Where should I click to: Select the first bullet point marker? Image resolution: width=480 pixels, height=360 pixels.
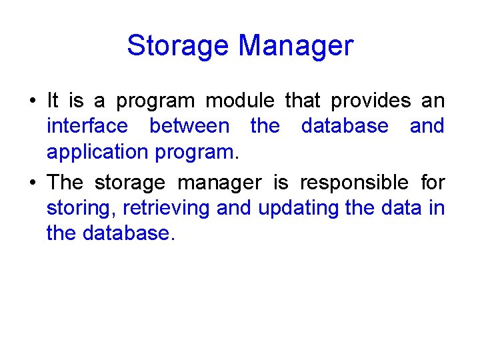(x=32, y=101)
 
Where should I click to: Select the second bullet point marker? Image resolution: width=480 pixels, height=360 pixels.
(x=32, y=183)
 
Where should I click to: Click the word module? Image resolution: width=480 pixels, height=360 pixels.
(x=239, y=101)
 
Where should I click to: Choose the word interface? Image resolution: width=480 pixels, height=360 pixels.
(x=87, y=126)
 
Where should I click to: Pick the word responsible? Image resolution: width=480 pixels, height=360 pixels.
(x=353, y=182)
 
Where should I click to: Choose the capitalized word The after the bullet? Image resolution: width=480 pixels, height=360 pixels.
(x=65, y=182)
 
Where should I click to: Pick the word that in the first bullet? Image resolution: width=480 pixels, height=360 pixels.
(x=303, y=101)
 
